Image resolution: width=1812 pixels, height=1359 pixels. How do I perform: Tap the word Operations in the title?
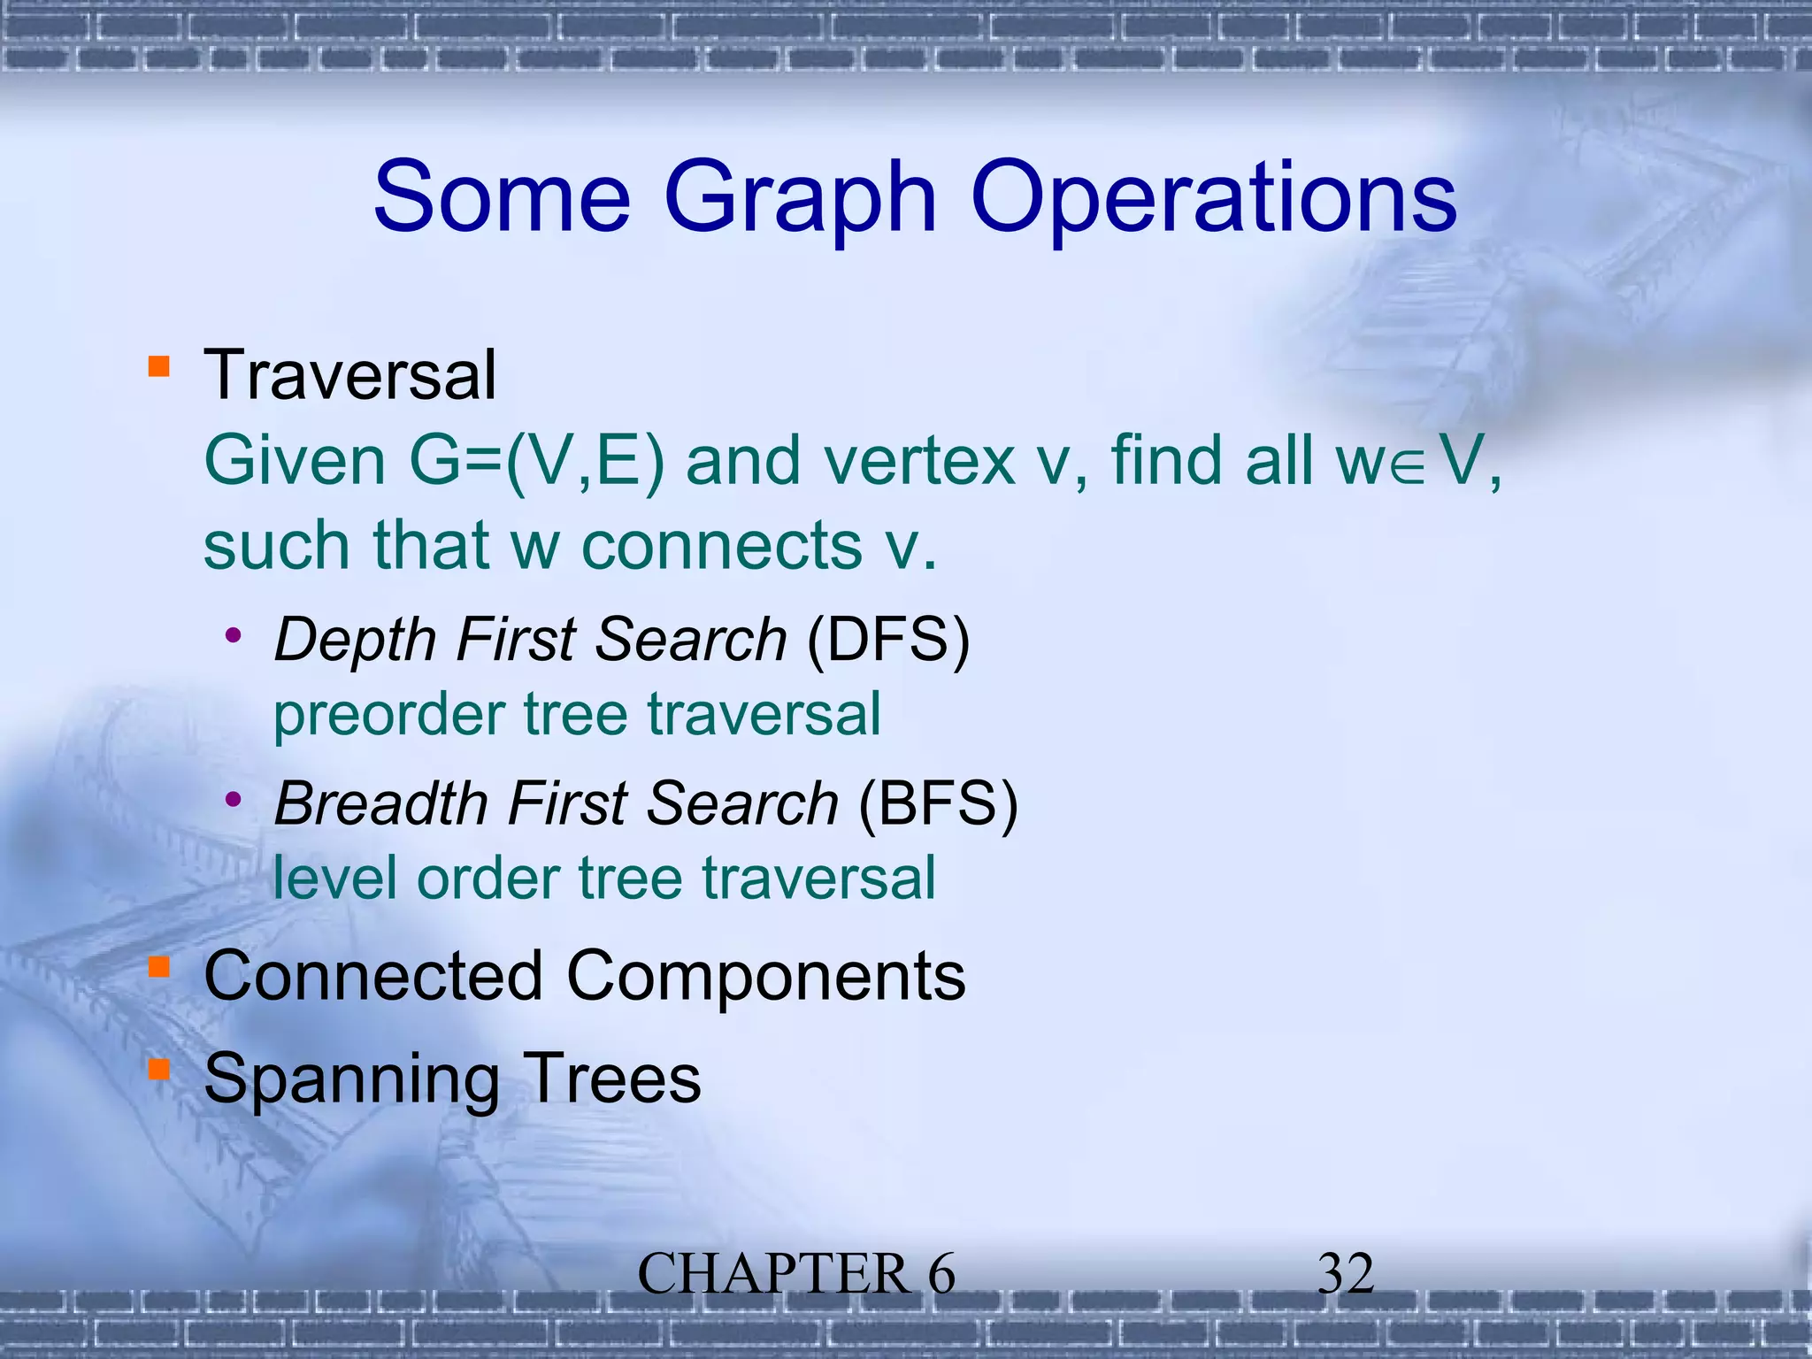[1213, 199]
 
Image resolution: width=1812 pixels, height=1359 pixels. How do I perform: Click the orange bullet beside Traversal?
[158, 366]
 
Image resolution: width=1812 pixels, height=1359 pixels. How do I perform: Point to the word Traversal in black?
[350, 375]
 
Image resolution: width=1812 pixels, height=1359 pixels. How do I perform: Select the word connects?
[721, 546]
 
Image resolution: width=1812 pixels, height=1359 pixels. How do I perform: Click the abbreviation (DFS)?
[888, 640]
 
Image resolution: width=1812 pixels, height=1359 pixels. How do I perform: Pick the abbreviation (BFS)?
[938, 804]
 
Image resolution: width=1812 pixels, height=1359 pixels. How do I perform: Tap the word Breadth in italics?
[381, 804]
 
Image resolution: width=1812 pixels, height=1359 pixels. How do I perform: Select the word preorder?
[388, 715]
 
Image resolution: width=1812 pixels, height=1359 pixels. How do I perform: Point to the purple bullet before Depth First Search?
[234, 634]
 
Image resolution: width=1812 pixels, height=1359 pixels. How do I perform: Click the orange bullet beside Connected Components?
[158, 968]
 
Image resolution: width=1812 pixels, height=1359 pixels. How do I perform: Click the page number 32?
[1345, 1275]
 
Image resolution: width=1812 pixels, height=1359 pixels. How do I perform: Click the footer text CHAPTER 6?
[796, 1275]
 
